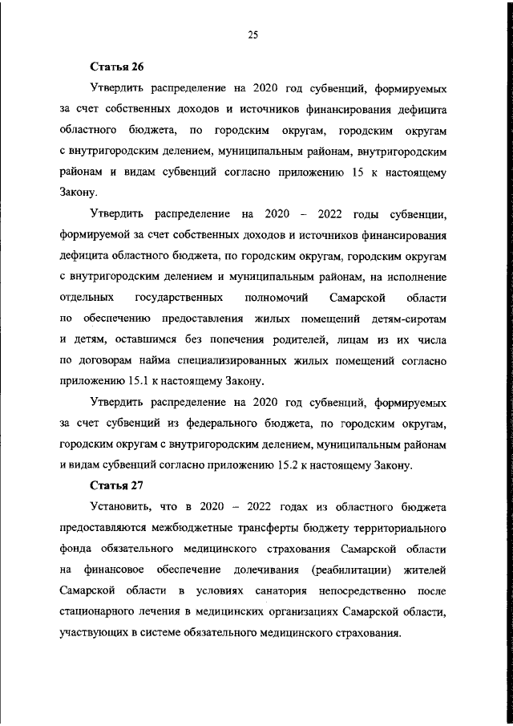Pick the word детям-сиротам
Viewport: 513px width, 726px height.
[409, 318]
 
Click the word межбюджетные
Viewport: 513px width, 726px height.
[196, 528]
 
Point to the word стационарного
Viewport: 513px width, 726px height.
[100, 612]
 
